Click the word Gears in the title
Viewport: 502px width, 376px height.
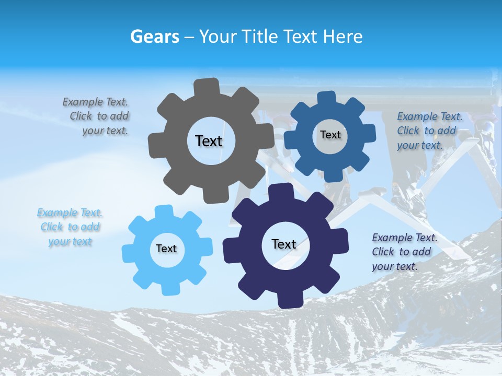(x=154, y=37)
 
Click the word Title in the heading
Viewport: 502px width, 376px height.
(x=261, y=37)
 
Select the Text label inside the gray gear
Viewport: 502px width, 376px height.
(x=209, y=141)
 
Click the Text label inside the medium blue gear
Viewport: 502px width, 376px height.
(x=330, y=135)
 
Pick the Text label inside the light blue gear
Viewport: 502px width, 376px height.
(x=166, y=249)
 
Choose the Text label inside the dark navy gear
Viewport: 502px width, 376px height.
(x=284, y=244)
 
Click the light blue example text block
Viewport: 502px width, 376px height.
(x=70, y=227)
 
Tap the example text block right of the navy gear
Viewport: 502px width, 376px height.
(x=404, y=252)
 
